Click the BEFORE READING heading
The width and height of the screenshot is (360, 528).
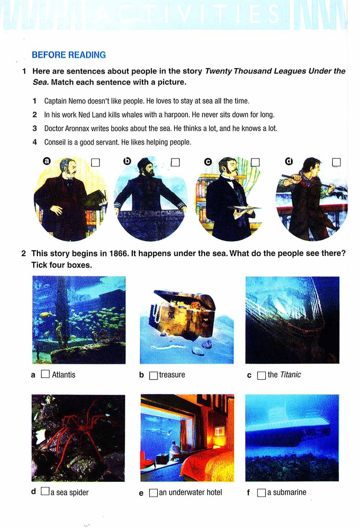(x=69, y=55)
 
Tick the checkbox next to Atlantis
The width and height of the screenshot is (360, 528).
(x=45, y=374)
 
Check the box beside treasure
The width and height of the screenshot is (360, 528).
(x=153, y=375)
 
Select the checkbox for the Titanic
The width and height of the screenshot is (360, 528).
(x=261, y=375)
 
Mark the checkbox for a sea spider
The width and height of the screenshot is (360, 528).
(x=45, y=491)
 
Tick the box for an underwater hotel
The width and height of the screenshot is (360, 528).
(x=153, y=493)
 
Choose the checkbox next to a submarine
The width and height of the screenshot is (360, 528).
(x=261, y=493)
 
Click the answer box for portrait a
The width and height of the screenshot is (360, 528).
(x=95, y=162)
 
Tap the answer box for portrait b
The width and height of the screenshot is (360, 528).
(x=175, y=162)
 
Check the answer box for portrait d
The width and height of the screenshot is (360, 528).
(x=336, y=162)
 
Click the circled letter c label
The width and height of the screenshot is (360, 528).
(x=208, y=162)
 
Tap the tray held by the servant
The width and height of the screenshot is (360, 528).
(x=244, y=208)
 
